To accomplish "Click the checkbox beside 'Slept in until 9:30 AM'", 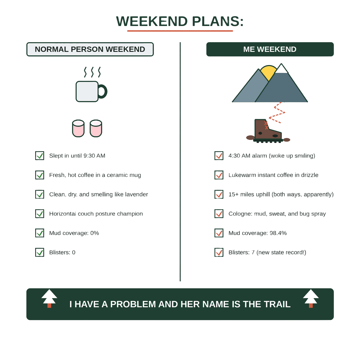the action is (x=40, y=156).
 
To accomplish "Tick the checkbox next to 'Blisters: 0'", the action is (x=40, y=252).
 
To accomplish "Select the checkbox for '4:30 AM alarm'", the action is (x=219, y=156).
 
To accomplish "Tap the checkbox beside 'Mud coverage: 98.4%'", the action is (x=219, y=233).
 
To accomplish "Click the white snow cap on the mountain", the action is (x=281, y=69).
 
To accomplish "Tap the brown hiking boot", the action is (x=268, y=131).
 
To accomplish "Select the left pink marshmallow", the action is (x=78, y=128).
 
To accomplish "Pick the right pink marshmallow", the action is (x=96, y=128).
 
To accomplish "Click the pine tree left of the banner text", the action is (x=49, y=298).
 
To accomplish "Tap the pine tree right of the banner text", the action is (x=311, y=298).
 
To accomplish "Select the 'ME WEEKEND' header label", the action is (x=270, y=49).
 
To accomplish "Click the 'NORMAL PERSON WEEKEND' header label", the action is (x=90, y=49).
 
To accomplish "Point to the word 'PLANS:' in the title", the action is (x=218, y=21).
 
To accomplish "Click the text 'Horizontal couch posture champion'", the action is (x=96, y=214).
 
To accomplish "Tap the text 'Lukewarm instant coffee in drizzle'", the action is (x=274, y=175).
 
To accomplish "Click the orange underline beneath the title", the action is (x=180, y=31).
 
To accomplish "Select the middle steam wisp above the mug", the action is (x=92, y=72).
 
